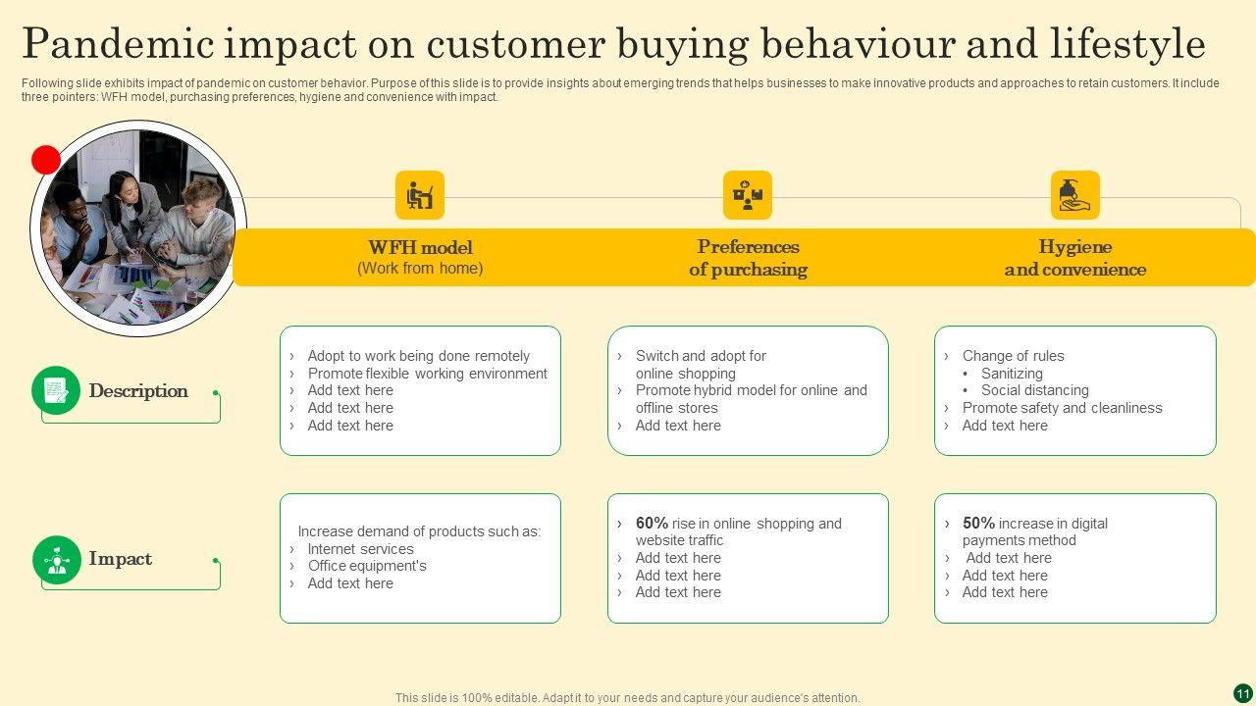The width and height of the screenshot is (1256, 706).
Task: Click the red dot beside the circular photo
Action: coord(46,160)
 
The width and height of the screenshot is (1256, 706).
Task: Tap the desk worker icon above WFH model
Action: coord(420,195)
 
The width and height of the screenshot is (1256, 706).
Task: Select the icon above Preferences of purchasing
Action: coord(748,195)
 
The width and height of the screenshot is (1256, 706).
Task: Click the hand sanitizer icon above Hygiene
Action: coord(1075,195)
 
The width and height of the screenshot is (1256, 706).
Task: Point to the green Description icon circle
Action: coord(56,390)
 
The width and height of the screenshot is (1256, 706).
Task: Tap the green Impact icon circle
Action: coord(56,559)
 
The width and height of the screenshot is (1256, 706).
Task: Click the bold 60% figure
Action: coord(652,524)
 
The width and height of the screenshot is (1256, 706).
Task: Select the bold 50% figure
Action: coord(978,524)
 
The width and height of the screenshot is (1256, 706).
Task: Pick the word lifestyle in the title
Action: coord(1127,45)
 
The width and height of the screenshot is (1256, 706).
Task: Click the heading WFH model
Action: coord(420,247)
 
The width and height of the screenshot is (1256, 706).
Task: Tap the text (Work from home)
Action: coord(420,269)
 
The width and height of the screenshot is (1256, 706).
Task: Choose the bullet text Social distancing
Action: coord(1035,390)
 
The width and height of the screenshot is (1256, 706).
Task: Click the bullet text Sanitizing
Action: coord(1012,374)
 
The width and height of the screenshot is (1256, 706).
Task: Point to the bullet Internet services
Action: coord(360,549)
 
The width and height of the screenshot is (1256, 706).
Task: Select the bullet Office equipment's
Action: coord(367,566)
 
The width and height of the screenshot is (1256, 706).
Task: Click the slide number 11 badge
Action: coord(1243,693)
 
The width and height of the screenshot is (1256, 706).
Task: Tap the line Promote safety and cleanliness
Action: coord(1062,408)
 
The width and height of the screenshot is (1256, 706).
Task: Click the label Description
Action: coord(138,391)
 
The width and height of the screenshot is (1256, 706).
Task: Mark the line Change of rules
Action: coord(1013,356)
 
